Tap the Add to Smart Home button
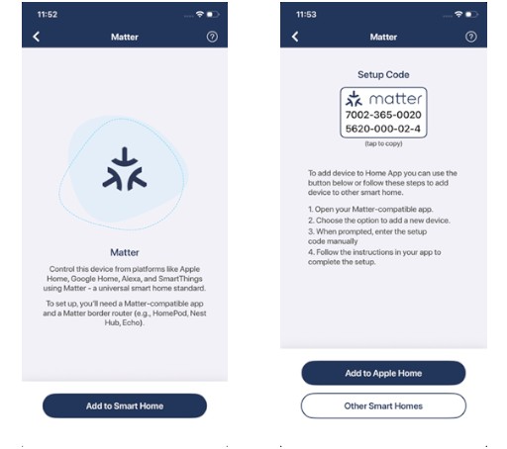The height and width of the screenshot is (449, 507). click(x=125, y=405)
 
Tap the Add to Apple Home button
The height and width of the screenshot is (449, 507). click(x=383, y=373)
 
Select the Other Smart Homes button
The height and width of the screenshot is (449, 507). click(x=383, y=405)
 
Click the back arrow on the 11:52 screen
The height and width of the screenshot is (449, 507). click(x=37, y=37)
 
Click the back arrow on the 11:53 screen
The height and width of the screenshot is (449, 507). click(x=295, y=37)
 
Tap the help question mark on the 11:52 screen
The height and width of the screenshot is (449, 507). click(x=212, y=37)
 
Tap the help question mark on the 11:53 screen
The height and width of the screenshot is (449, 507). click(x=471, y=37)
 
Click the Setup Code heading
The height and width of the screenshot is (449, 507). click(x=383, y=75)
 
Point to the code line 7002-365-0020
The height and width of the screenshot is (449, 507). click(x=383, y=115)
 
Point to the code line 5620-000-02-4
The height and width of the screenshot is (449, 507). click(x=383, y=129)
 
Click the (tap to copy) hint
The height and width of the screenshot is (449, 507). click(x=383, y=143)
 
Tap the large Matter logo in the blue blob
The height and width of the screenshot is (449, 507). click(x=125, y=169)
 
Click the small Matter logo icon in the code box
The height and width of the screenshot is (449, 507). click(x=354, y=99)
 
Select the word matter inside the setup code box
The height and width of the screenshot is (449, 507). click(x=395, y=99)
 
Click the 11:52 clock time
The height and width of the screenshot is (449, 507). click(x=48, y=15)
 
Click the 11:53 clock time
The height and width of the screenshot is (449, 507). click(x=306, y=15)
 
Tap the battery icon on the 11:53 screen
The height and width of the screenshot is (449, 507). click(x=471, y=14)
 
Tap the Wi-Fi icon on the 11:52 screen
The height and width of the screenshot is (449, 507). click(x=200, y=14)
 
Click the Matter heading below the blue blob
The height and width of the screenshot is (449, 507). click(x=125, y=252)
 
